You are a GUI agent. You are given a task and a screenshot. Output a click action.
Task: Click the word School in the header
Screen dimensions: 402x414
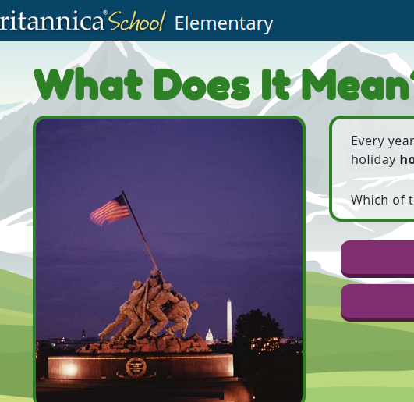point(136,22)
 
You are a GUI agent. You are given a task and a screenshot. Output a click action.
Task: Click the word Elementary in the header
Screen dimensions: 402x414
point(224,23)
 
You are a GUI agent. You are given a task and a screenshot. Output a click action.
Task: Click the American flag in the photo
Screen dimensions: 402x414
point(109,210)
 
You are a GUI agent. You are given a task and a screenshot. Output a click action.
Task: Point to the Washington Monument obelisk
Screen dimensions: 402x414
point(229,319)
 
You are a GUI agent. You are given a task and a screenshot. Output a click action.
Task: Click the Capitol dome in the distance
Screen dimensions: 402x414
point(208,336)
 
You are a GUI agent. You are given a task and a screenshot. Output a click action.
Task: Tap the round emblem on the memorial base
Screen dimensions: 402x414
point(136,366)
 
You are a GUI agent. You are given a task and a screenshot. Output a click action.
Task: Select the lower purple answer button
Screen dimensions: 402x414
point(377,301)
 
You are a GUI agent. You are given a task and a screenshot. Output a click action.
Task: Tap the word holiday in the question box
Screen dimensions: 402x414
point(373,160)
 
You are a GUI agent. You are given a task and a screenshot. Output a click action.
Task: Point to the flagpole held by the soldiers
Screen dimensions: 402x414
point(140,231)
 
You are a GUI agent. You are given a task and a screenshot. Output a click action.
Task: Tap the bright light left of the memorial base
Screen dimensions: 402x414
point(69,368)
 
